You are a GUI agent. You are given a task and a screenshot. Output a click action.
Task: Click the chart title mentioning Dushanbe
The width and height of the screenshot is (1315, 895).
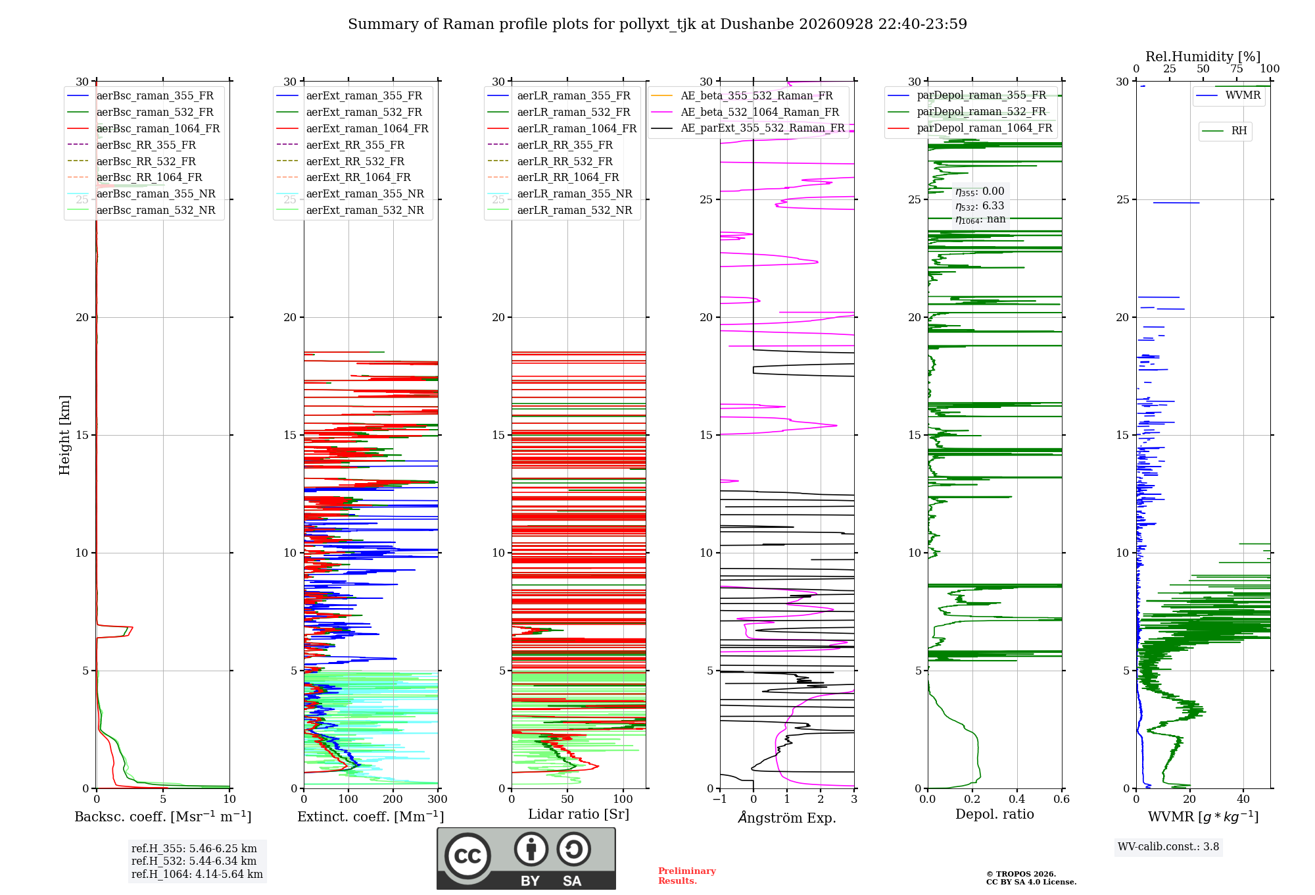pyautogui.click(x=657, y=24)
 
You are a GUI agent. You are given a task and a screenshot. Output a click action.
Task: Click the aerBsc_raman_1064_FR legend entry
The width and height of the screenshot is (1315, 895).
pyautogui.click(x=143, y=128)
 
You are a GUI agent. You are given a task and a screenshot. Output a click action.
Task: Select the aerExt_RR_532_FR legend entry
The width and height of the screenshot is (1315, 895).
pyautogui.click(x=340, y=161)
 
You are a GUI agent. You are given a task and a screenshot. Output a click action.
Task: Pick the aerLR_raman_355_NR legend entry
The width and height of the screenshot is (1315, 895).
pyautogui.click(x=560, y=193)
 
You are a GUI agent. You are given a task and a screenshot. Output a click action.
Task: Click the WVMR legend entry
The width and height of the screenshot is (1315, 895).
pyautogui.click(x=1228, y=95)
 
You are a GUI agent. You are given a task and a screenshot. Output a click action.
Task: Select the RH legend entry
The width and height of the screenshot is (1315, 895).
pyautogui.click(x=1224, y=131)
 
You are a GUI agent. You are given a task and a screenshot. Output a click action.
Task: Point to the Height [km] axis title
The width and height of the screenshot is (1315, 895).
pyautogui.click(x=64, y=435)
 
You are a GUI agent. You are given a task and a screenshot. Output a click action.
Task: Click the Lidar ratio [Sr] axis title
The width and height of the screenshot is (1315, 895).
pyautogui.click(x=579, y=815)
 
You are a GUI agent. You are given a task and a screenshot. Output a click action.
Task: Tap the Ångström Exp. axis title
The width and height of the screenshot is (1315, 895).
pyautogui.click(x=787, y=817)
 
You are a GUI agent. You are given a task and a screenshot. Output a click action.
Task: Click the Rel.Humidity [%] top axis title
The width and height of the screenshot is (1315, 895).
pyautogui.click(x=1203, y=57)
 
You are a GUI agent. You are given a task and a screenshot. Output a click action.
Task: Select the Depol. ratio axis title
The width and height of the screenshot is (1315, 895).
pyautogui.click(x=995, y=815)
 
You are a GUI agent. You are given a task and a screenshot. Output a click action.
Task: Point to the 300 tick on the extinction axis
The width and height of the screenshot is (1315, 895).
pyautogui.click(x=437, y=800)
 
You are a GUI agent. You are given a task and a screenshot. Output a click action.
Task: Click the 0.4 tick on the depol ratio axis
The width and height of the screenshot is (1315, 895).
pyautogui.click(x=1017, y=800)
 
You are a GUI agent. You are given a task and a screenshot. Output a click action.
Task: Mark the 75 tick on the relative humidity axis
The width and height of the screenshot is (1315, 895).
pyautogui.click(x=1237, y=69)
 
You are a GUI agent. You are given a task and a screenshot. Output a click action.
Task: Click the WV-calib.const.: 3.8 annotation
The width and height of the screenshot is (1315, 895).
pyautogui.click(x=1168, y=847)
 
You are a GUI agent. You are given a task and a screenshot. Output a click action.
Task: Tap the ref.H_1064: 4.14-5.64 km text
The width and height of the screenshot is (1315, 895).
pyautogui.click(x=197, y=875)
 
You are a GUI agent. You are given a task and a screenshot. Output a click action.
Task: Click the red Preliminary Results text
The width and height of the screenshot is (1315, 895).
pyautogui.click(x=687, y=876)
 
